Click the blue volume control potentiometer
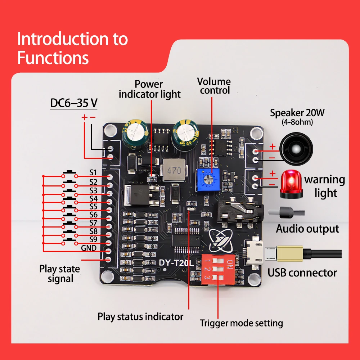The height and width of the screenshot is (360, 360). click(208, 180)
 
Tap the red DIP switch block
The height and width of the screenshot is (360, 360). click(218, 269)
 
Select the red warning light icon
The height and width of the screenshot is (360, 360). click(291, 184)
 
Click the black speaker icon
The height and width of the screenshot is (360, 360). click(296, 149)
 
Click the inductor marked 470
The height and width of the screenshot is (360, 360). click(174, 170)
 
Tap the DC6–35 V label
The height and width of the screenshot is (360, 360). click(74, 103)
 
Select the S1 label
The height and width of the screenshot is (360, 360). click(93, 172)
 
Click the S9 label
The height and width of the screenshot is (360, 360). click(93, 239)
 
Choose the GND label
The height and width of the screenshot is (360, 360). click(89, 248)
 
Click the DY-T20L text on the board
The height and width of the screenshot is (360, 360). click(176, 263)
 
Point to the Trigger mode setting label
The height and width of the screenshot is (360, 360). click(241, 323)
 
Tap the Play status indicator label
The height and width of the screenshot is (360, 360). click(140, 316)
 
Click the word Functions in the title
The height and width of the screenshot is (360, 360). click(53, 58)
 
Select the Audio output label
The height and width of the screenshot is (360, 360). click(307, 229)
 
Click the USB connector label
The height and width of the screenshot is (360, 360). click(302, 273)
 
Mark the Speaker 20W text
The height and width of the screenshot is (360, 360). click(297, 113)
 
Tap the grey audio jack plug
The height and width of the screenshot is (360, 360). click(286, 212)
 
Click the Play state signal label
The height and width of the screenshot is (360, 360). click(60, 274)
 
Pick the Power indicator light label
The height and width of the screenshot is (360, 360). click(149, 89)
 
